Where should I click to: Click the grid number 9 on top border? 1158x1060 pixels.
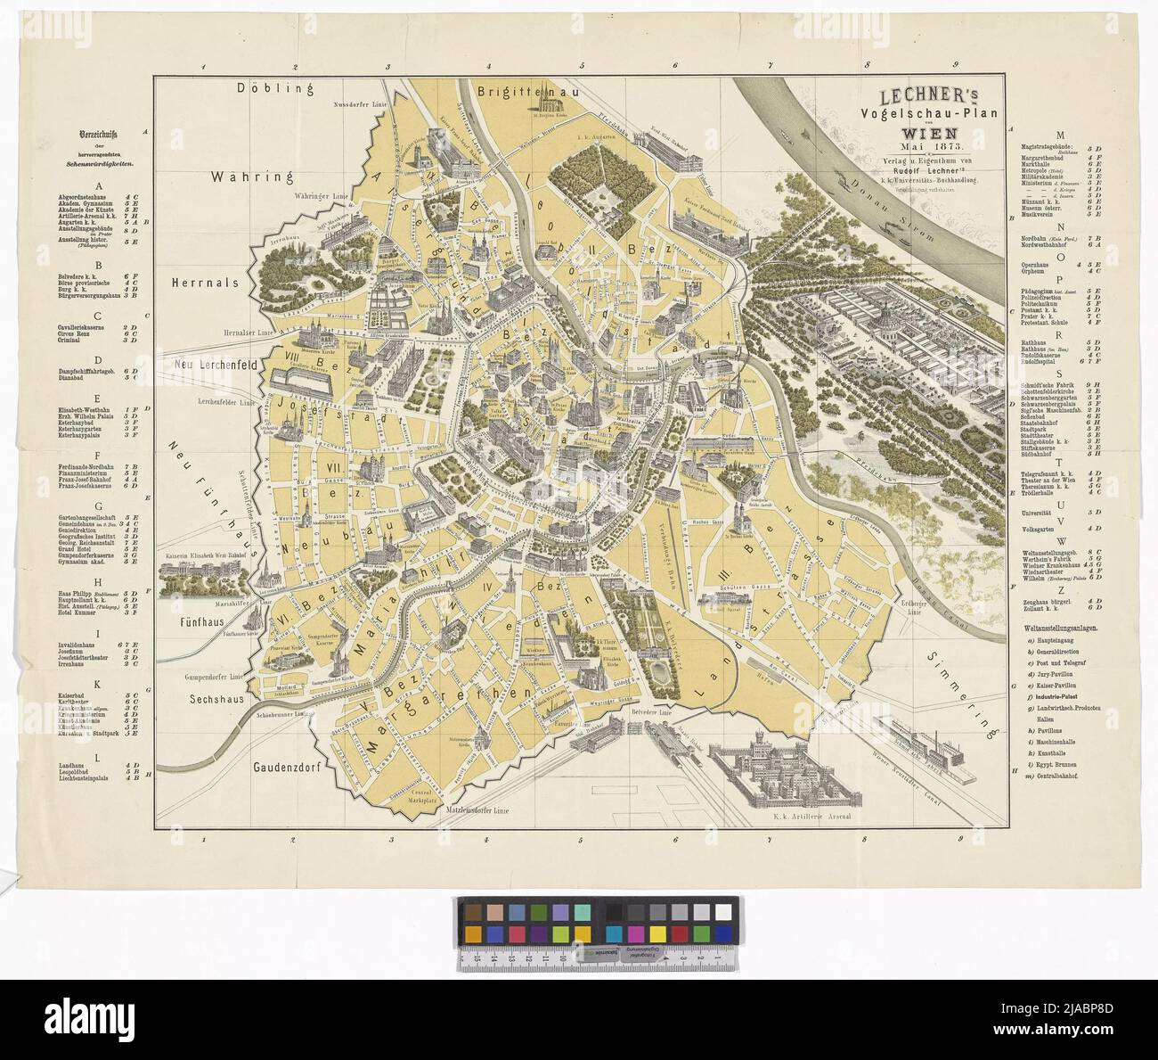click(954, 65)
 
